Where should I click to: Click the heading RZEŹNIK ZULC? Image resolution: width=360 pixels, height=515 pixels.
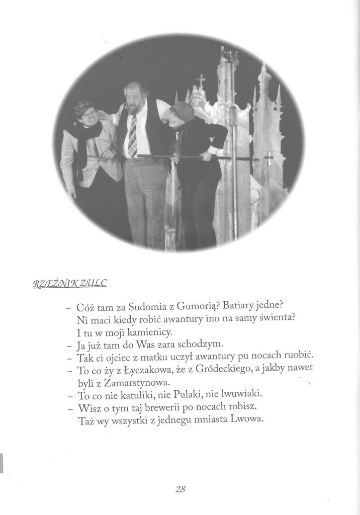[70, 284]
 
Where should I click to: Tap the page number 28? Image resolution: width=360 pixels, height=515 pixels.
[181, 488]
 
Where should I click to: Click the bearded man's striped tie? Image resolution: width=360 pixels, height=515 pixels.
[132, 136]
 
